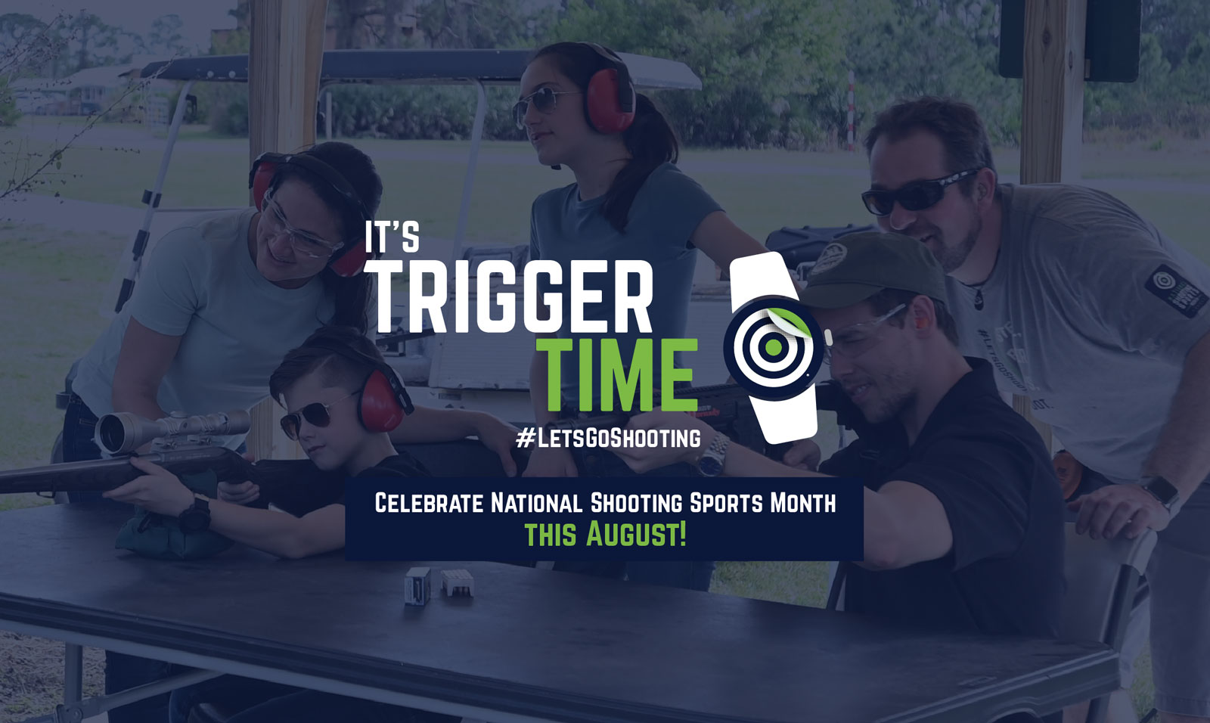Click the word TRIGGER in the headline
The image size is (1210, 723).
514,296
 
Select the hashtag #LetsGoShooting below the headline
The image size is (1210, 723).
608,438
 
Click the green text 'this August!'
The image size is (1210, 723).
606,534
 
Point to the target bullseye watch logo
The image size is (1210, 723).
774,348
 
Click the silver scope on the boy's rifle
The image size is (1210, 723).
172,429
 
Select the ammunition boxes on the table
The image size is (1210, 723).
439,585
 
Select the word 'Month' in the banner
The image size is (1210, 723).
802,502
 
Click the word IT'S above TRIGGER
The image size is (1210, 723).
392,236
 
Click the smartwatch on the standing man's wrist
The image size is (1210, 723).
1159,491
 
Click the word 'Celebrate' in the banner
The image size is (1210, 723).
429,502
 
